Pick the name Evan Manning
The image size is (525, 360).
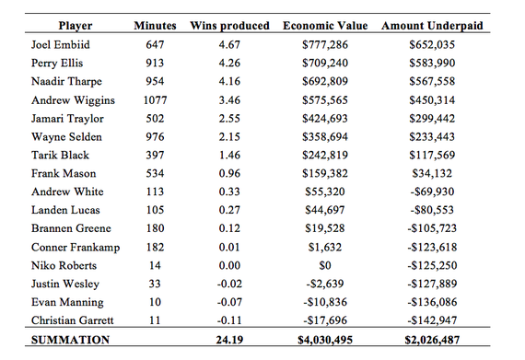pyautogui.click(x=66, y=301)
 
